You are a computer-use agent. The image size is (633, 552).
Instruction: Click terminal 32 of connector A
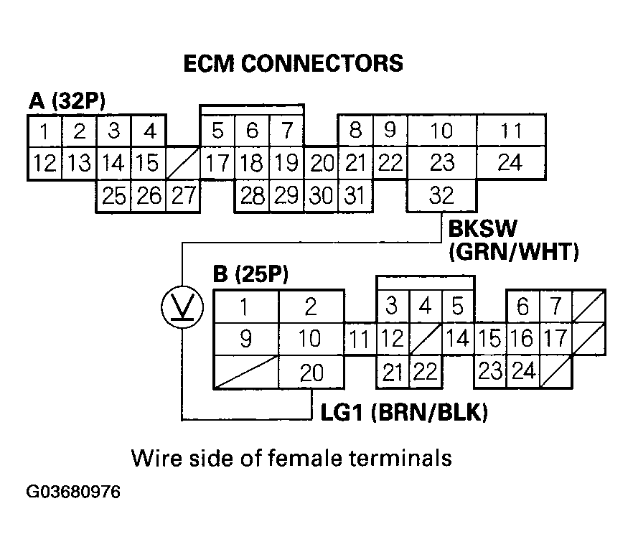tap(441, 195)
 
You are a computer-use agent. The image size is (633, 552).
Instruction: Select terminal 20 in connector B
tap(310, 373)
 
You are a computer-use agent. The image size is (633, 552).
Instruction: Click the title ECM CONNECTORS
tap(294, 63)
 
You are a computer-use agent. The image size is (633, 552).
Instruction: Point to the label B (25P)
tap(251, 275)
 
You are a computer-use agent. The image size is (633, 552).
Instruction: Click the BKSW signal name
tap(480, 229)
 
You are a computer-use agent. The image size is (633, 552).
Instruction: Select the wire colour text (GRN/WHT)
tap(513, 252)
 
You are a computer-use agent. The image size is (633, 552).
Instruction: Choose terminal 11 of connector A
tap(510, 131)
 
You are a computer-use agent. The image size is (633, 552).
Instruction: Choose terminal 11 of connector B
tap(360, 338)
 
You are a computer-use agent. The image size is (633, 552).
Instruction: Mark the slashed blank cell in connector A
tap(183, 163)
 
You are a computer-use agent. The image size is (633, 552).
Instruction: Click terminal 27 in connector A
tap(183, 195)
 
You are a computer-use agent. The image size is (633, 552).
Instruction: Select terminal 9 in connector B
tap(245, 338)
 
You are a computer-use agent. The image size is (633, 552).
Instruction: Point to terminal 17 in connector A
tap(217, 163)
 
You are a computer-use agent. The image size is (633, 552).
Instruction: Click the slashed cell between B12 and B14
tap(425, 338)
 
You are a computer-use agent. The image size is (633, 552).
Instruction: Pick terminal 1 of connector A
tap(44, 131)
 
